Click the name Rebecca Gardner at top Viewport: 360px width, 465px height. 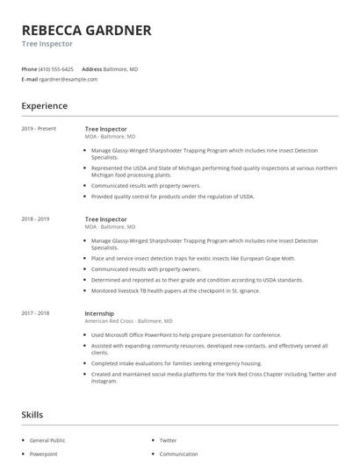pos(86,30)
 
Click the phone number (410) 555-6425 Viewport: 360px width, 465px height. pos(57,68)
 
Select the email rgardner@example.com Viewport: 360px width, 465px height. pos(68,79)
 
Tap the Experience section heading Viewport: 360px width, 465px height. pos(44,106)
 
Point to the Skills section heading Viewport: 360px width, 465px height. pos(32,415)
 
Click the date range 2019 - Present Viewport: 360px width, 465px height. pos(39,129)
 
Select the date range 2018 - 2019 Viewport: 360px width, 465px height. pos(36,218)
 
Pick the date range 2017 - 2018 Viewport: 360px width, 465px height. pos(36,313)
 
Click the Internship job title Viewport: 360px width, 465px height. pos(99,313)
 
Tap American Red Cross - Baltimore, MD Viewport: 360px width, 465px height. pos(129,321)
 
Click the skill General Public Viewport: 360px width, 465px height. pos(48,440)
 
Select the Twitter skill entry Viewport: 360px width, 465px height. pos(168,440)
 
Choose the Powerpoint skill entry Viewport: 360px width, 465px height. pos(43,454)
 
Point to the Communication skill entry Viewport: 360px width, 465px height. pos(178,454)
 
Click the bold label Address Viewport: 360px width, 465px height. pos(91,68)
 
